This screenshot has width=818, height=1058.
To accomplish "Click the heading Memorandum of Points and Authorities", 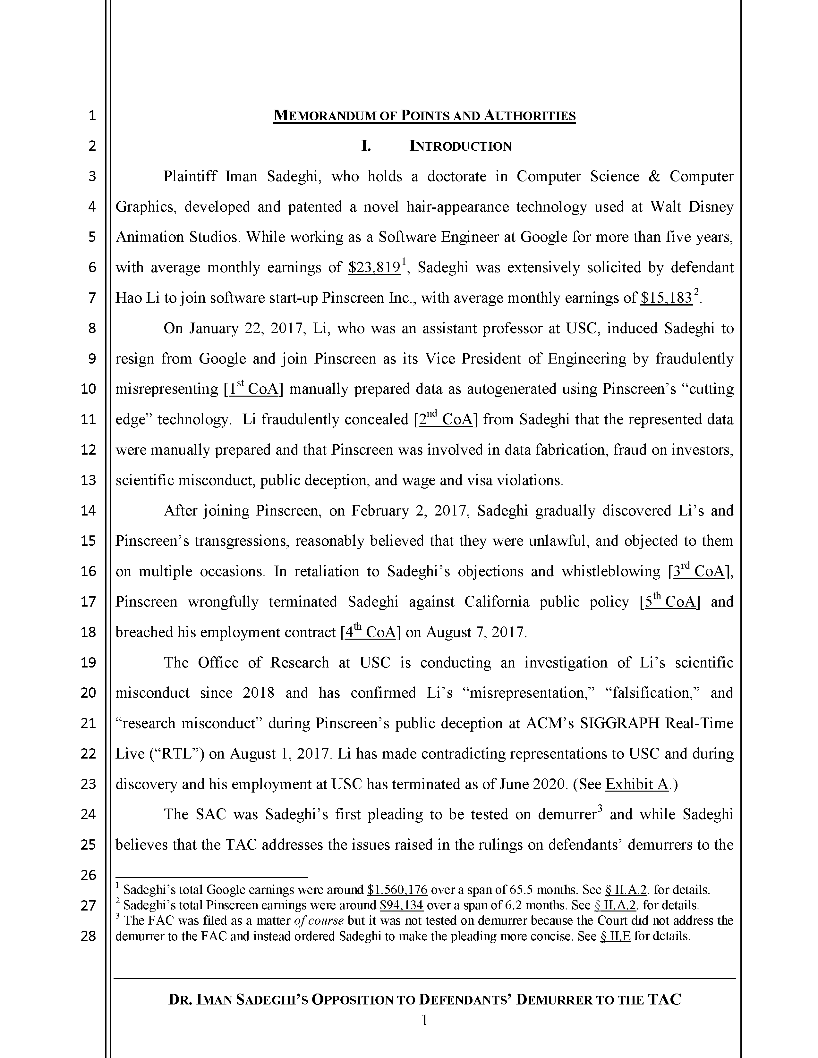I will [x=424, y=116].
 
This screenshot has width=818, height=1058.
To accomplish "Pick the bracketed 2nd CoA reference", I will [x=445, y=420].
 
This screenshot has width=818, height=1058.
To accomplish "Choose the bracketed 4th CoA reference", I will [x=370, y=633].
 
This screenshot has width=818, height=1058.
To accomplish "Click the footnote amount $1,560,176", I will [x=397, y=890].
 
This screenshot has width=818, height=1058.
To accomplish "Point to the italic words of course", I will [x=319, y=920].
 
